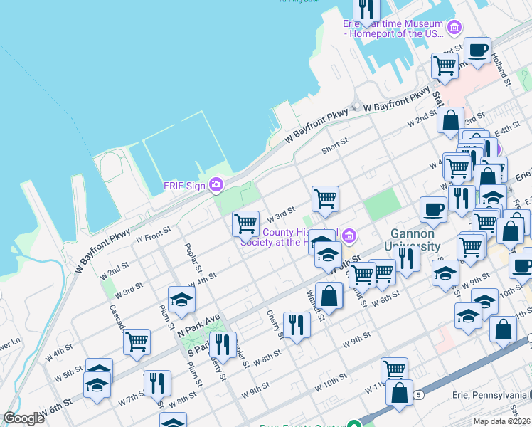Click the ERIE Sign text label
(x=184, y=185)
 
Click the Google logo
(x=24, y=418)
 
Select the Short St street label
(x=334, y=144)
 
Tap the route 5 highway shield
(x=419, y=394)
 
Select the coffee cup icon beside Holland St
(x=477, y=51)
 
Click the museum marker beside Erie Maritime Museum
(x=454, y=28)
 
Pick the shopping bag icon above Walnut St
(x=329, y=295)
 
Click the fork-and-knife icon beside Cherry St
(x=297, y=325)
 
